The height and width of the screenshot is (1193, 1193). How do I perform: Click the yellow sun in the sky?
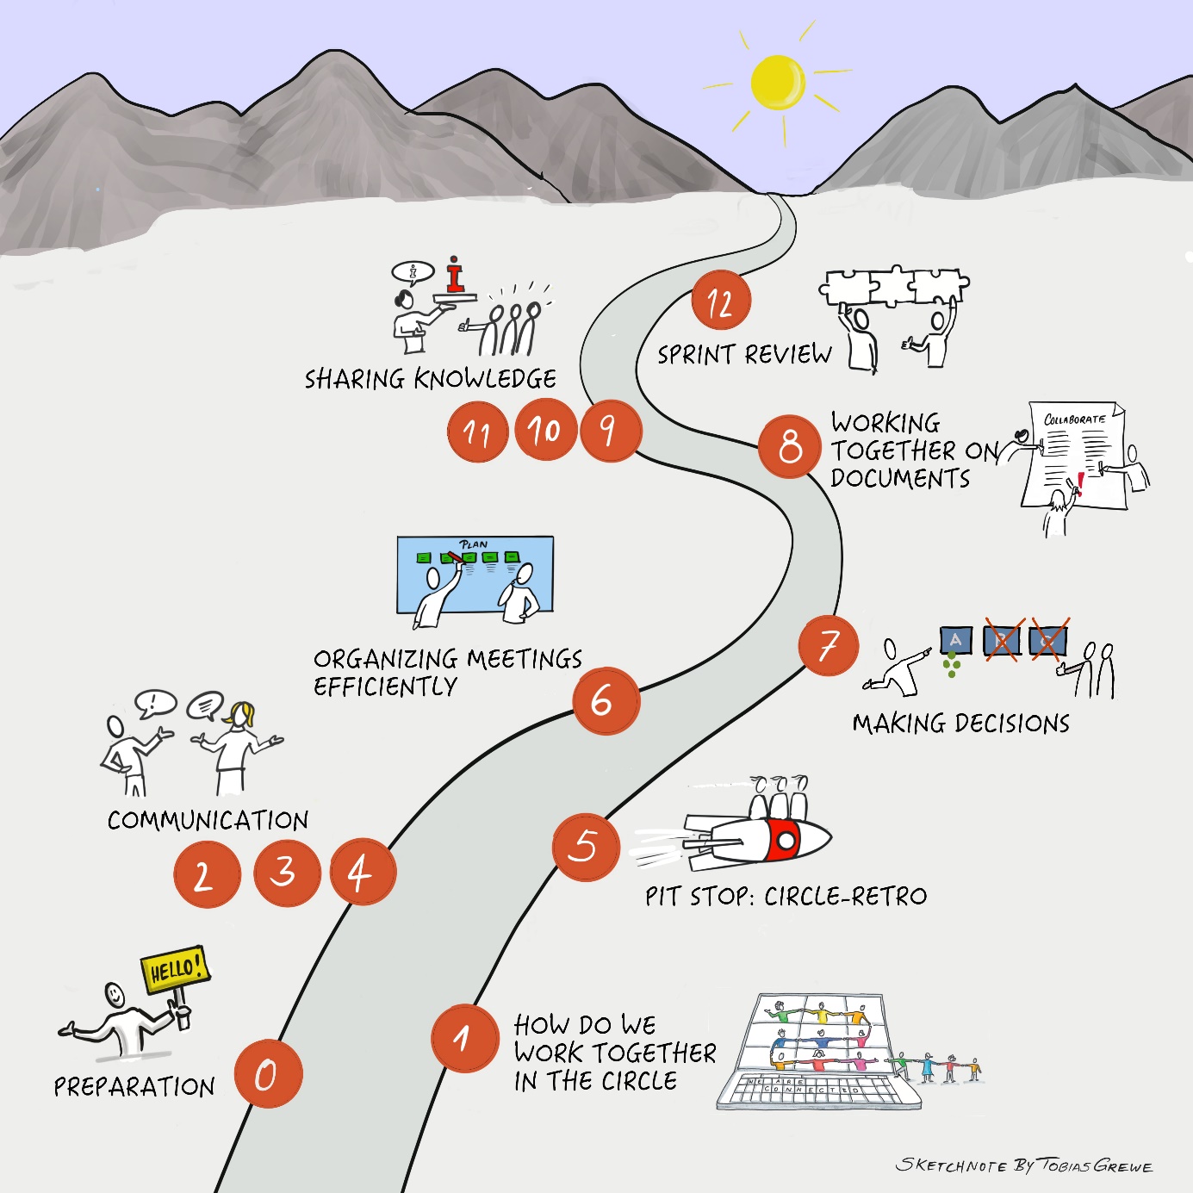click(777, 83)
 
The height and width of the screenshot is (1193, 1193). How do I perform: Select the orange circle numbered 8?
click(789, 446)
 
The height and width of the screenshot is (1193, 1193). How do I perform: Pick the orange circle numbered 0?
click(268, 1073)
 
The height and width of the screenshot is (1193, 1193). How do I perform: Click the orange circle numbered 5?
click(586, 847)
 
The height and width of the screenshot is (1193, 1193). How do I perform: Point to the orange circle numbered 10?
click(545, 429)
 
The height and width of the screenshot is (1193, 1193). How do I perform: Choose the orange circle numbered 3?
click(287, 873)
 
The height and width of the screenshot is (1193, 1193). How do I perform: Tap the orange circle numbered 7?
click(828, 645)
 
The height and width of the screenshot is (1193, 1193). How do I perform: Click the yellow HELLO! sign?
click(175, 969)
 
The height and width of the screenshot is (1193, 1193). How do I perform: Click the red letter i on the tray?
click(456, 276)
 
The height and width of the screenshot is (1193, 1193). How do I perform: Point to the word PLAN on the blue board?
click(474, 544)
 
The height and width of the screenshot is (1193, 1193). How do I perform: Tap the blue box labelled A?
click(955, 641)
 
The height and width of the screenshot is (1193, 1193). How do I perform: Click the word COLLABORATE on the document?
click(1074, 419)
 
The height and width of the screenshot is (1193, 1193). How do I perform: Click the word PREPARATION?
click(134, 1087)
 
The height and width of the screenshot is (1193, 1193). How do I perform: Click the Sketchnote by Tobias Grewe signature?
click(1023, 1165)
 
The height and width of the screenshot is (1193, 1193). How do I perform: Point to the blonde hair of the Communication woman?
click(241, 714)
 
